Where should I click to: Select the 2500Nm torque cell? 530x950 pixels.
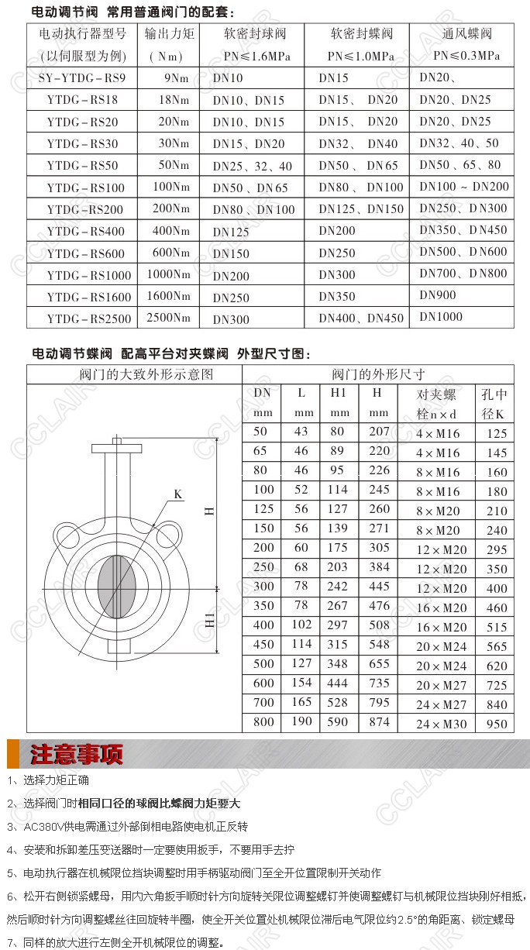pyautogui.click(x=168, y=318)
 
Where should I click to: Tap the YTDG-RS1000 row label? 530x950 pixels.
pyautogui.click(x=89, y=275)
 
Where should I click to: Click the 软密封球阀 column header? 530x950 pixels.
pyautogui.click(x=255, y=34)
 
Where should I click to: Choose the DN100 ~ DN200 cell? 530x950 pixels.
pyautogui.click(x=464, y=186)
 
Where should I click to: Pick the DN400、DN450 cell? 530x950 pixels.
pyautogui.click(x=361, y=318)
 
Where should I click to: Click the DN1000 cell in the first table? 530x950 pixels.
pyautogui.click(x=441, y=316)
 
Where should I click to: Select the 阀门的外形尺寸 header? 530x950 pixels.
pyautogui.click(x=378, y=374)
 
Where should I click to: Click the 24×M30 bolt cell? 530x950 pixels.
pyautogui.click(x=442, y=724)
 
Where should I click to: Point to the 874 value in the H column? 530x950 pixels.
pyautogui.click(x=379, y=722)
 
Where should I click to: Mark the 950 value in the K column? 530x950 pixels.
pyautogui.click(x=496, y=724)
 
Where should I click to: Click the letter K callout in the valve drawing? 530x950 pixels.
pyautogui.click(x=178, y=494)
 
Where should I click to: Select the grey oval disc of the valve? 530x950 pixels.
pyautogui.click(x=117, y=585)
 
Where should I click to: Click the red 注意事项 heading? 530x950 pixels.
pyautogui.click(x=77, y=754)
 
